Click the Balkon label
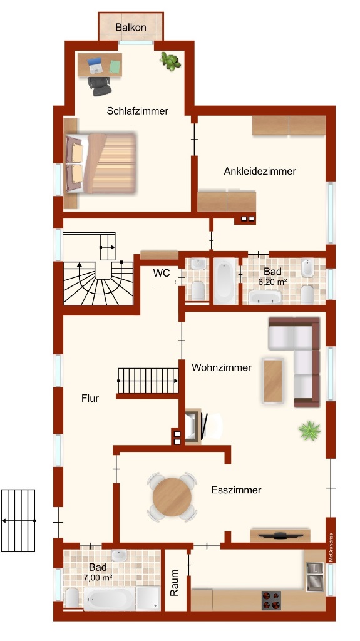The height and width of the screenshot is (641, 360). tap(130, 28)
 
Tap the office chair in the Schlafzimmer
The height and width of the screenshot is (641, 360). tap(99, 85)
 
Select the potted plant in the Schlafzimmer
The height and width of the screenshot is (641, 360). tap(170, 61)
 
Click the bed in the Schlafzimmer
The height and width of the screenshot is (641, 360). tap(101, 163)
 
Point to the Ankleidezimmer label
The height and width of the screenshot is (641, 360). tap(260, 172)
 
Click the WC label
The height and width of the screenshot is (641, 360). tap(162, 273)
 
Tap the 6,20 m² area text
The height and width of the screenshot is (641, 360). tap(272, 282)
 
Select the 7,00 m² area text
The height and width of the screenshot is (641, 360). tap(98, 578)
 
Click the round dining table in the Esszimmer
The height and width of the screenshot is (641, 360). tap(172, 497)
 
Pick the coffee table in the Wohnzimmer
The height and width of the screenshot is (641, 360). tap(273, 381)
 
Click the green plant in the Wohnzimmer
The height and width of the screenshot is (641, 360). tap(309, 431)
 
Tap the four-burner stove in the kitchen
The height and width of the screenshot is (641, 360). tap(272, 600)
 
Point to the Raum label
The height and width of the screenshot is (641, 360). tap(175, 583)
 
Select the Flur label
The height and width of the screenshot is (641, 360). tap(90, 398)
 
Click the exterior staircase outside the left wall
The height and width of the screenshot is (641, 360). tap(18, 520)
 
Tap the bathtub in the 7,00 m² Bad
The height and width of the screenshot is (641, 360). tap(109, 599)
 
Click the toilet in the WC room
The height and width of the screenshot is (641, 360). tap(199, 290)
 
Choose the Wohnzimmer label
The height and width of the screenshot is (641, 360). tap(222, 367)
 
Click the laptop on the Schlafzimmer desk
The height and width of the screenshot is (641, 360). tap(95, 65)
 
